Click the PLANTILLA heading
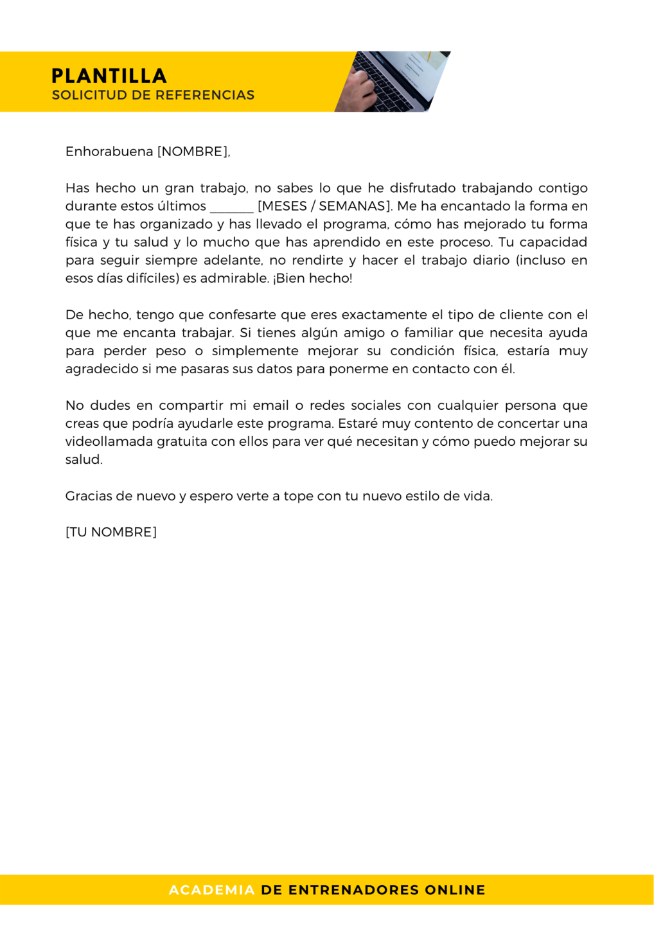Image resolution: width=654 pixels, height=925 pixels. pos(109,76)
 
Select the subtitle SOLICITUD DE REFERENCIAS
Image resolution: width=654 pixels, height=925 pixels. pos(153,95)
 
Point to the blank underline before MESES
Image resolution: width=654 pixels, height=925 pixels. pos(231,207)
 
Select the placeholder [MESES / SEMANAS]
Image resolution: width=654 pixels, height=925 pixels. pos(324,206)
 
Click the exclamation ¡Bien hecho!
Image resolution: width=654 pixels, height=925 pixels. pos(312,278)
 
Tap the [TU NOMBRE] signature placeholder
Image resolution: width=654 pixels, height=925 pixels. pos(111,532)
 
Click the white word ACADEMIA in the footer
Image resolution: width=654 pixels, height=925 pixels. pos(212,890)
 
